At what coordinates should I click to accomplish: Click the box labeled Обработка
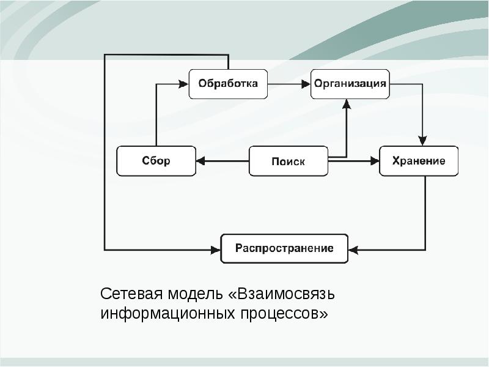[x=228, y=84]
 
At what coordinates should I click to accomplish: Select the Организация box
[x=350, y=84]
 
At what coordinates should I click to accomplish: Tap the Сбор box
[x=156, y=161]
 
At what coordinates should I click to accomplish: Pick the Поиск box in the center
[x=288, y=161]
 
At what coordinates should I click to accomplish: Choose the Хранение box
[x=419, y=161]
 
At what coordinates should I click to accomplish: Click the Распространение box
[x=284, y=249]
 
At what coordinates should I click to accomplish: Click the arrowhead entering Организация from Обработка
[x=306, y=84]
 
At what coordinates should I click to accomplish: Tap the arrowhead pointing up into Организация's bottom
[x=346, y=104]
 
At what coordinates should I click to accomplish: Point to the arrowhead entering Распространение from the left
[x=215, y=249]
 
